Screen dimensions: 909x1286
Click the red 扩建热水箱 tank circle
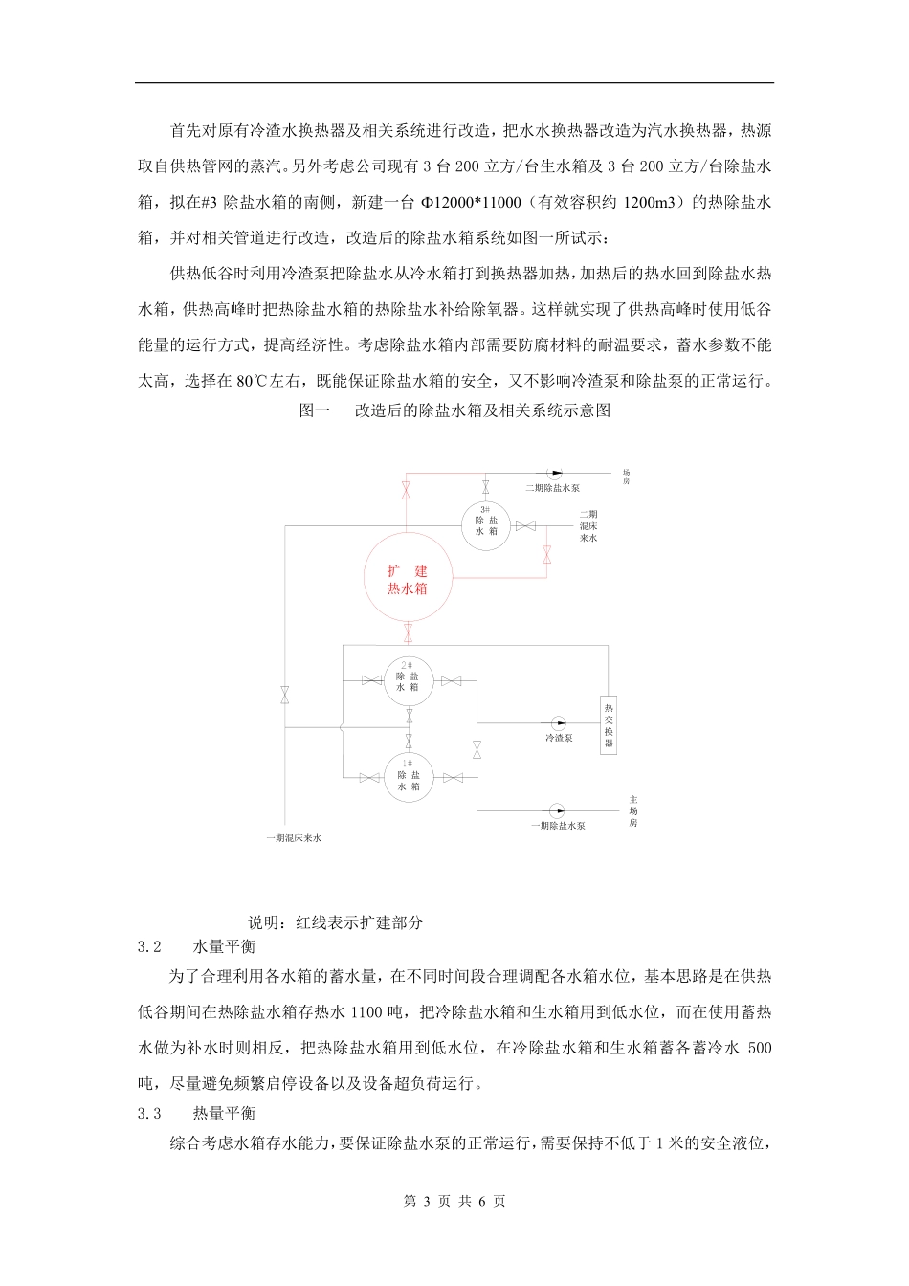click(407, 578)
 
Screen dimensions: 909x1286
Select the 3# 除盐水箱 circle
click(486, 525)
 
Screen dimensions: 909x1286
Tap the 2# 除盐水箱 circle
click(409, 680)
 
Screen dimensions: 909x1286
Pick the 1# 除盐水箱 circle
click(409, 776)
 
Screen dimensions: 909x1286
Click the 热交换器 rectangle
click(609, 724)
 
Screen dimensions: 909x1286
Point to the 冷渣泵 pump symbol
click(558, 723)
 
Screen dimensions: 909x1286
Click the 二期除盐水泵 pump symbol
click(555, 473)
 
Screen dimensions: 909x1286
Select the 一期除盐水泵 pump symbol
click(555, 809)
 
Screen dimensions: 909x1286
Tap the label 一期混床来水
click(293, 838)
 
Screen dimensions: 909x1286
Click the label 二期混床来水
click(588, 526)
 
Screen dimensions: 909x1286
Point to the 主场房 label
click(633, 809)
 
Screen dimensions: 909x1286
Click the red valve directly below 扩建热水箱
click(409, 632)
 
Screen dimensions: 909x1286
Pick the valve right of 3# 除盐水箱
click(524, 525)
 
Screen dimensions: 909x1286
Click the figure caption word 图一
click(315, 410)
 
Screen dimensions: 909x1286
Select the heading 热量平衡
click(224, 1113)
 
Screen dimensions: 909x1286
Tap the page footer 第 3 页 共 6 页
click(454, 1201)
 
